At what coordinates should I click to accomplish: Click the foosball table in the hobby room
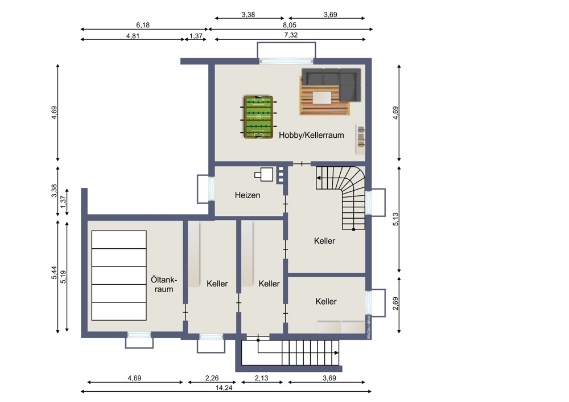coord(258,117)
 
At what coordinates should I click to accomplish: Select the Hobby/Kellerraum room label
coord(311,135)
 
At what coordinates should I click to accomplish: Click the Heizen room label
coord(248,195)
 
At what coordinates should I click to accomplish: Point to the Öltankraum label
coord(164,285)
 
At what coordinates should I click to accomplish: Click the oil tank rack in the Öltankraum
coord(119,275)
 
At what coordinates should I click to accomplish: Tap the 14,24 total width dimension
coord(224,387)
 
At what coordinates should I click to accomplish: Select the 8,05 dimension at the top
coord(290,25)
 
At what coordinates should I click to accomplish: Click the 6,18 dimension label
coord(143,25)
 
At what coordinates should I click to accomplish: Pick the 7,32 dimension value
coord(291,35)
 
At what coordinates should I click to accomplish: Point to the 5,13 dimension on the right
coord(395,219)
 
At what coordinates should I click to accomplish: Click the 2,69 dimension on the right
coord(395,303)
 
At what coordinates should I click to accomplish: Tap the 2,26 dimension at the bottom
coord(212,378)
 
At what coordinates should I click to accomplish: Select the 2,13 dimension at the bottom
coord(261,378)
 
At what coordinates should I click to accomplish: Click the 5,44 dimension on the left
coord(54,273)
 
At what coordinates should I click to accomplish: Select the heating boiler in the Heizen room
coord(264,174)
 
